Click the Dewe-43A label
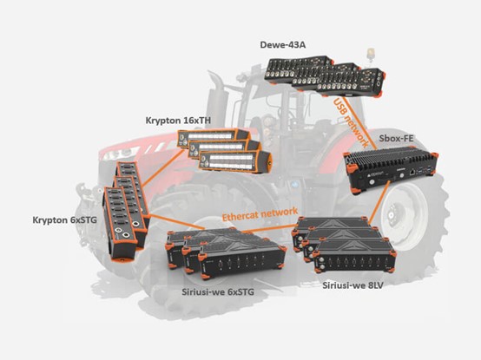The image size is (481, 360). pyautogui.click(x=282, y=45)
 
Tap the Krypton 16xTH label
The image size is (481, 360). pyautogui.click(x=178, y=121)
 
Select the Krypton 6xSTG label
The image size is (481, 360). pyautogui.click(x=64, y=220)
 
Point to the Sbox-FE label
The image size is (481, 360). pyautogui.click(x=396, y=138)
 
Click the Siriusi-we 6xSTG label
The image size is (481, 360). pyautogui.click(x=218, y=291)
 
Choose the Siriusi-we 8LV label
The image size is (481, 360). pyautogui.click(x=353, y=285)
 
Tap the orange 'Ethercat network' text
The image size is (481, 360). pyautogui.click(x=260, y=213)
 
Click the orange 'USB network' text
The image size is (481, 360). pyautogui.click(x=351, y=122)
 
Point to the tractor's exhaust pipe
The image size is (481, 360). pyautogui.click(x=214, y=92)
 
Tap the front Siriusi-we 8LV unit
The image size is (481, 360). pyautogui.click(x=355, y=257)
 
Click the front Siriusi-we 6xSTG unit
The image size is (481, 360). pyautogui.click(x=242, y=260)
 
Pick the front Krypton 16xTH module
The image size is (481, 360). pyautogui.click(x=235, y=161)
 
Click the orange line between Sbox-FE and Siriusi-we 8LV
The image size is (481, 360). pyautogui.click(x=379, y=202)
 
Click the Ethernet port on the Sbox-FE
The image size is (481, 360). pyautogui.click(x=412, y=172)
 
